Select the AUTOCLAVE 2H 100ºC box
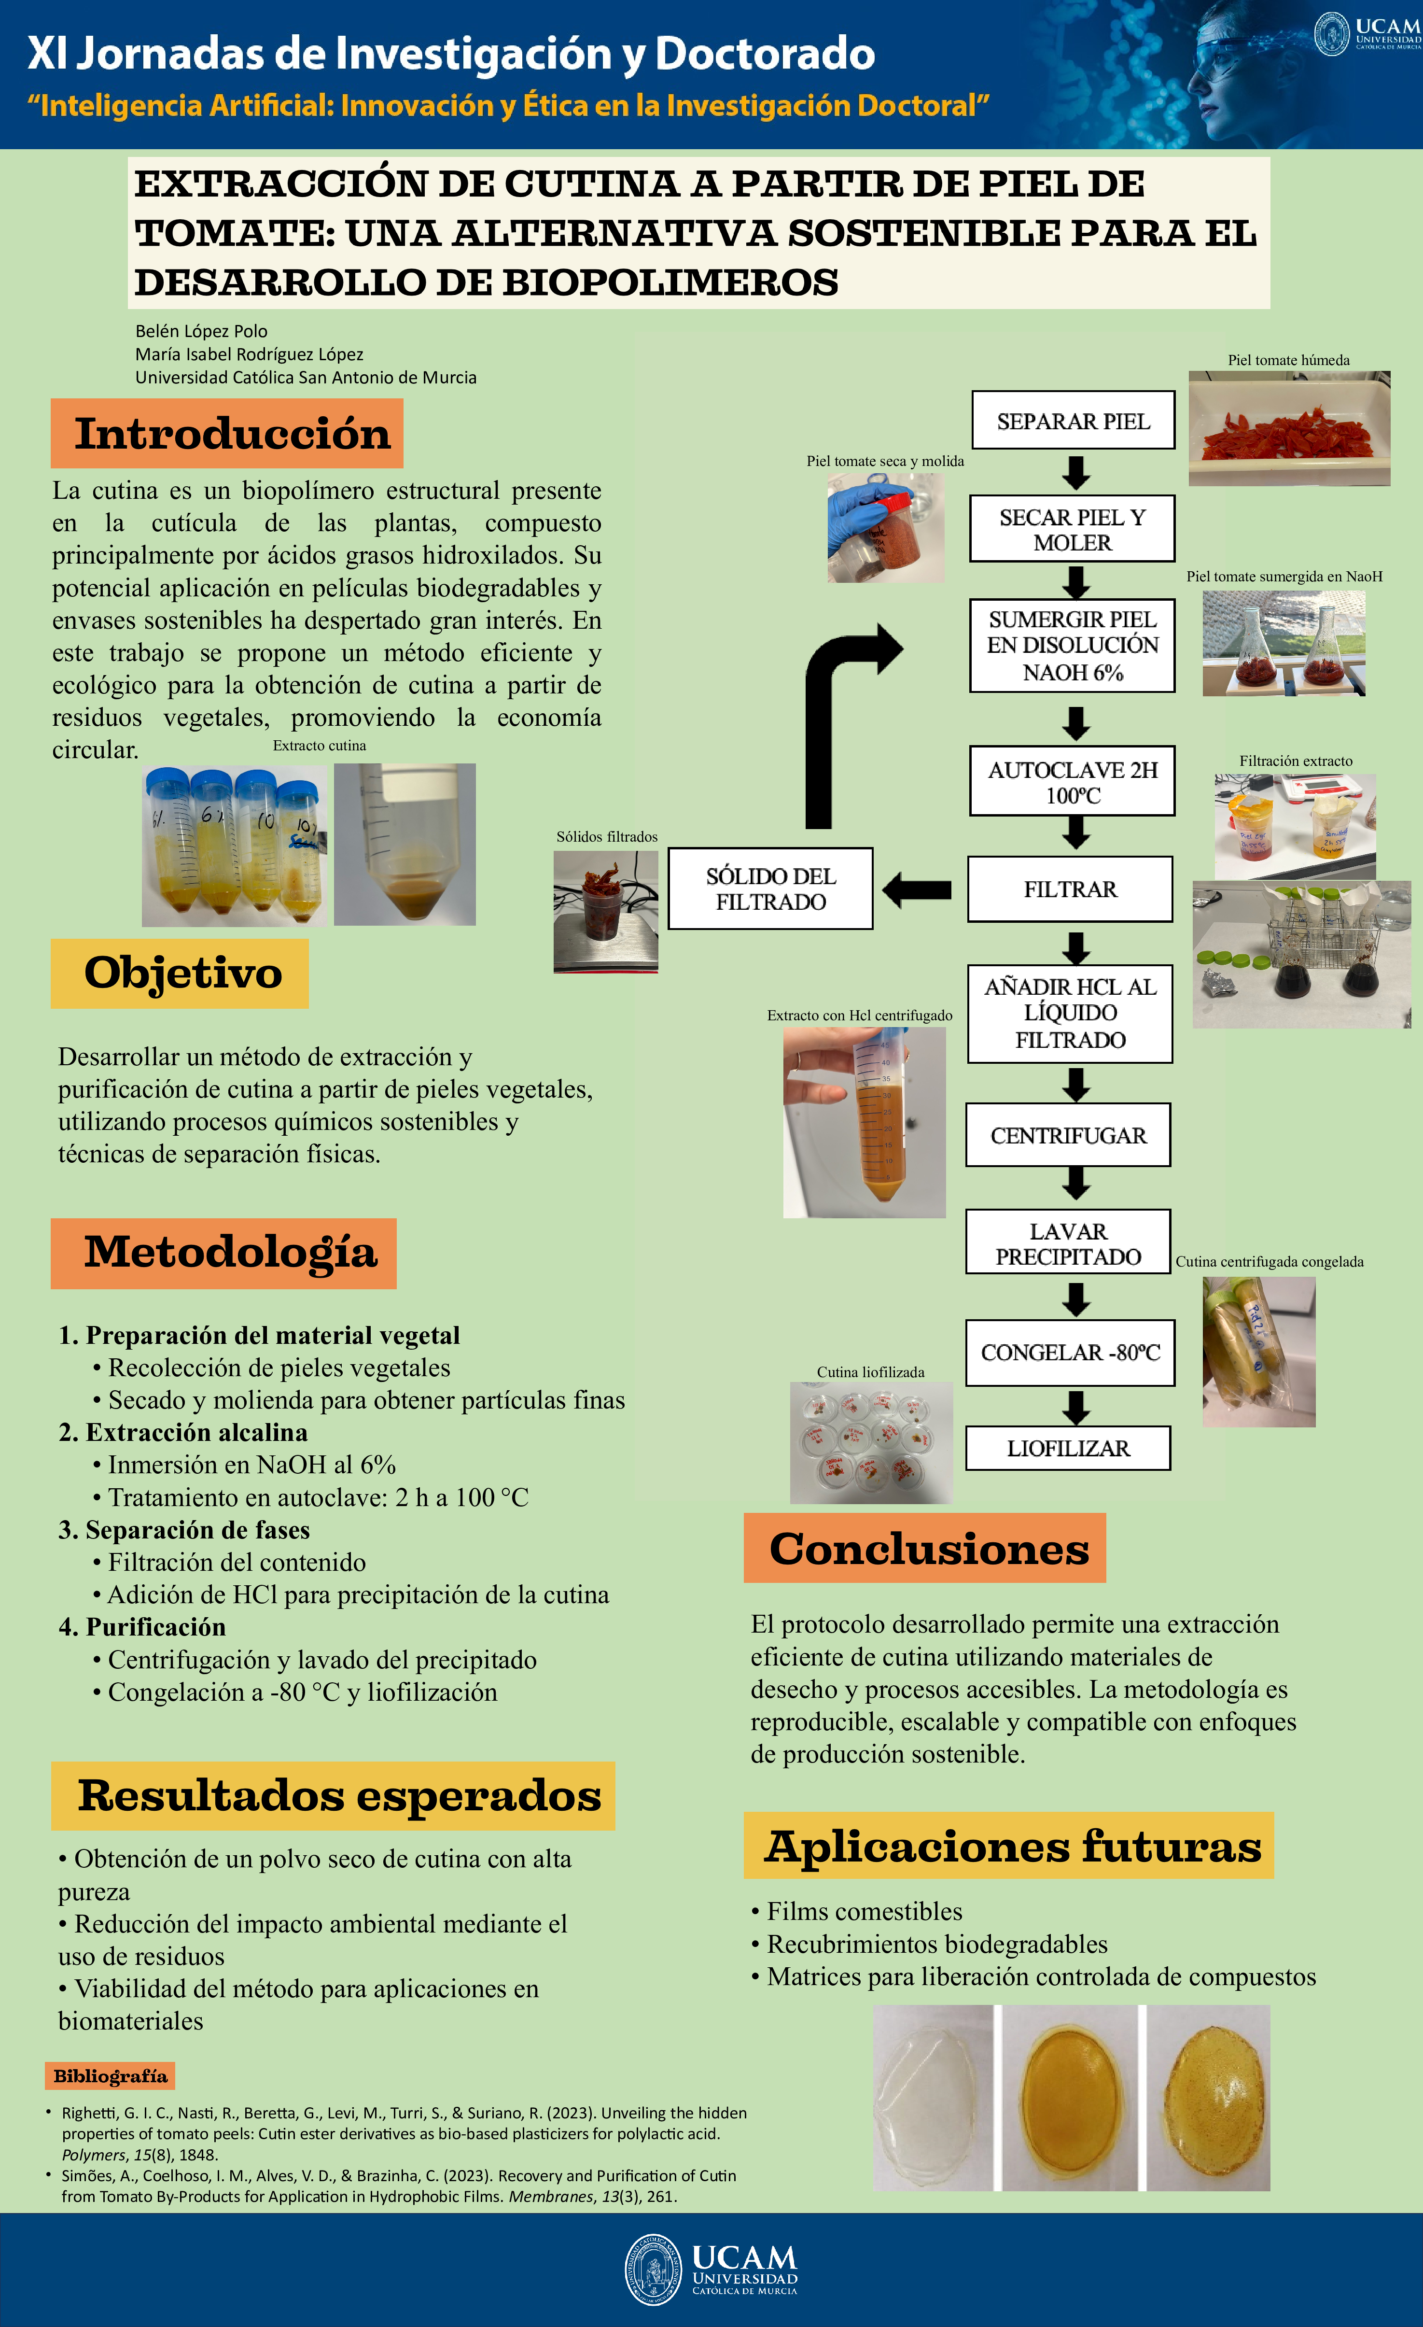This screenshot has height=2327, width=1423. [1072, 781]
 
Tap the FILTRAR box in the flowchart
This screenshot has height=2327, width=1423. [1070, 888]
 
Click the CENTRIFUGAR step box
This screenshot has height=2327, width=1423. [1068, 1135]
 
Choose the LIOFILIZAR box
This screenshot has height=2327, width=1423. [1068, 1448]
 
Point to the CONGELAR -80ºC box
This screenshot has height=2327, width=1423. [1070, 1353]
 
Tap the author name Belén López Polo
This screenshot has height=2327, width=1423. [201, 331]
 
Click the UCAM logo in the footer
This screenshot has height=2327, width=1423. [711, 2270]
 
